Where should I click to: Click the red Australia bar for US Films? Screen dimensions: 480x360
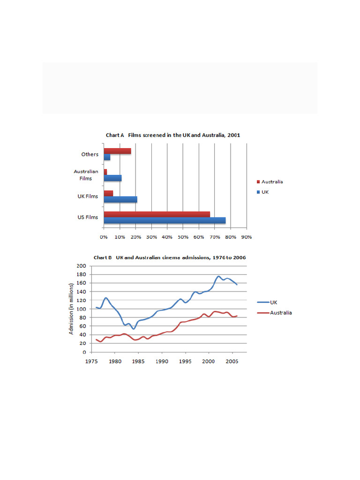[157, 214]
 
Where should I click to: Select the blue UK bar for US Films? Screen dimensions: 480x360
[165, 220]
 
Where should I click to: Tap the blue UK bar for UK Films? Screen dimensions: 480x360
[120, 199]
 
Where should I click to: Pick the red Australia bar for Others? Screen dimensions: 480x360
[117, 151]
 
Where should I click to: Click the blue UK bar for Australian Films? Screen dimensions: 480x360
[112, 178]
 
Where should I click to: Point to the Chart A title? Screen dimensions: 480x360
[173, 135]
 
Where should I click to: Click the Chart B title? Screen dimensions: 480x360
[170, 257]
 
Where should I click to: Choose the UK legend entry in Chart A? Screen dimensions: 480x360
[265, 192]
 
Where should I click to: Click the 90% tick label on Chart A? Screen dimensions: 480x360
[247, 237]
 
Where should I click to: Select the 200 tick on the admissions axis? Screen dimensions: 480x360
[81, 266]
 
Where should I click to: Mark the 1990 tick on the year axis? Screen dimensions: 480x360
[162, 362]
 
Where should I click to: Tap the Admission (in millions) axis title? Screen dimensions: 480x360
[72, 308]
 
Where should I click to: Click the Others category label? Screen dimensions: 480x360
[90, 154]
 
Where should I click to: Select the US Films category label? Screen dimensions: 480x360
[88, 217]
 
